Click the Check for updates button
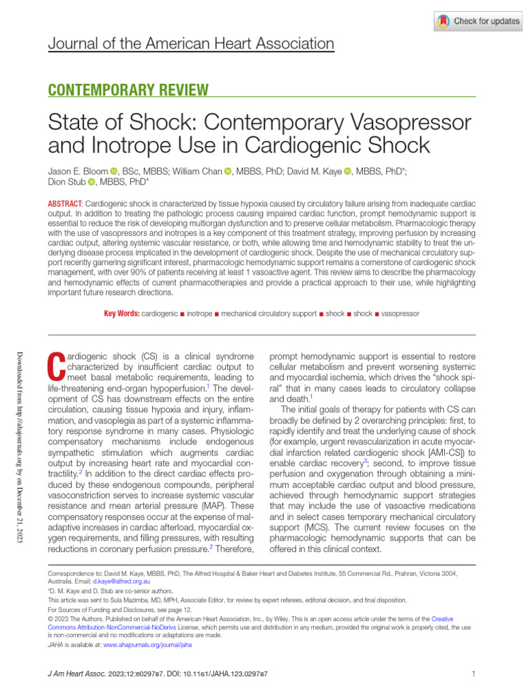click(478, 21)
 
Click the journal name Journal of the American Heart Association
click(191, 45)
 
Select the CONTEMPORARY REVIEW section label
click(128, 89)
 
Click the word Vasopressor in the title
click(409, 123)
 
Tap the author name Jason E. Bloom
click(78, 172)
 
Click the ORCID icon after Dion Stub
click(92, 183)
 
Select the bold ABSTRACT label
click(64, 204)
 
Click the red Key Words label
click(121, 314)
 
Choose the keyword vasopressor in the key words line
click(400, 314)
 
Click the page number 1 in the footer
click(473, 674)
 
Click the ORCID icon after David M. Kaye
click(348, 172)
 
